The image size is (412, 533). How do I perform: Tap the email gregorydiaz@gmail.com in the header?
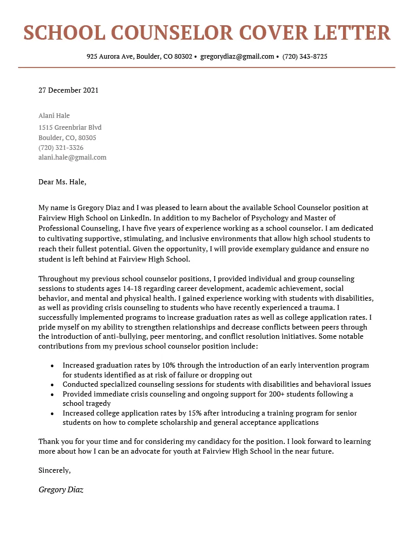[x=237, y=57]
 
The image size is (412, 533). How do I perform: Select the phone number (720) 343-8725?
[x=305, y=57]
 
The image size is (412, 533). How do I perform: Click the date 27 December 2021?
[x=68, y=90]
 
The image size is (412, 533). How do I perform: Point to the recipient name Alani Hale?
[x=54, y=116]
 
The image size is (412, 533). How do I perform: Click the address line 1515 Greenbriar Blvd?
[x=70, y=128]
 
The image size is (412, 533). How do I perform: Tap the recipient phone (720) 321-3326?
[x=61, y=148]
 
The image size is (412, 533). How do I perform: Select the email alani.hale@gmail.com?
[x=73, y=158]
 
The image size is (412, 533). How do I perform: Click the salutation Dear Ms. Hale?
[x=62, y=182]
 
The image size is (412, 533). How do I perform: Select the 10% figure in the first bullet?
[x=166, y=366]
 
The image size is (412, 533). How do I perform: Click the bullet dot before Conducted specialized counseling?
[x=52, y=385]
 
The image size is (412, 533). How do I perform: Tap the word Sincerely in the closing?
[x=54, y=470]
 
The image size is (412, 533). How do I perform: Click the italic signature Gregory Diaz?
[x=61, y=490]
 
